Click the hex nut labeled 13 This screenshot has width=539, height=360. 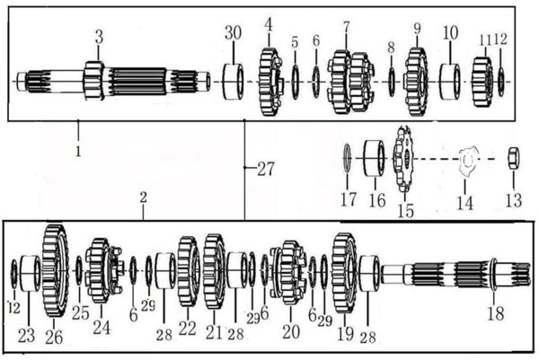click(514, 158)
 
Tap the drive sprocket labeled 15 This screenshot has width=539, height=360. click(402, 159)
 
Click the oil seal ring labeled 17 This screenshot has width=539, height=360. click(348, 158)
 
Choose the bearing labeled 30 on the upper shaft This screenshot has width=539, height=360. click(234, 82)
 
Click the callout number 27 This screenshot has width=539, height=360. click(266, 169)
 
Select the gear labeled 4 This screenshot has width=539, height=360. click(270, 82)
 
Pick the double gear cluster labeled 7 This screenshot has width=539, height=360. click(351, 83)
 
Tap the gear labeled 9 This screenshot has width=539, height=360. click(416, 82)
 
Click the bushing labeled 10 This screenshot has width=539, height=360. click(450, 82)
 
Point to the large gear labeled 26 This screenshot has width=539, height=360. click(55, 271)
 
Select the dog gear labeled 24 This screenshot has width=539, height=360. click(104, 271)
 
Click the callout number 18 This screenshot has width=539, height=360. click(496, 313)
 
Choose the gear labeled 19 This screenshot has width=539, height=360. click(345, 273)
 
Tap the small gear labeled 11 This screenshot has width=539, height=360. click(482, 82)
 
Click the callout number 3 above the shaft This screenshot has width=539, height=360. click(99, 37)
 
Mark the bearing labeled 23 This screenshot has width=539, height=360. click(30, 274)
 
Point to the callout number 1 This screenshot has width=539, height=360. click(78, 152)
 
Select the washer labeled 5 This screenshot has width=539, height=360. click(295, 82)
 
